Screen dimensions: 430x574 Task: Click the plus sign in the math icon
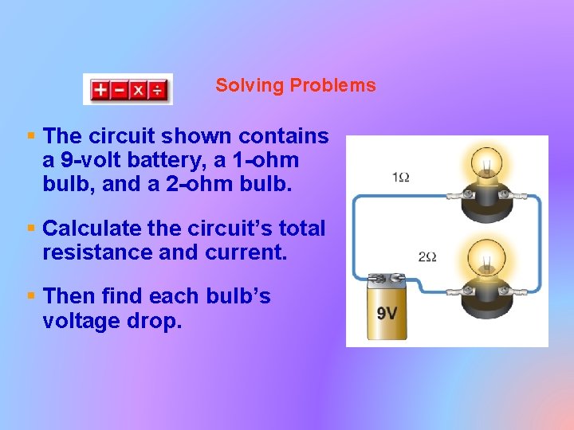100,90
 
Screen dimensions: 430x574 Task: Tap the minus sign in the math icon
120,90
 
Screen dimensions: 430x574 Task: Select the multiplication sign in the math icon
139,90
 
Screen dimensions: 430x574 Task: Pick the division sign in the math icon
158,90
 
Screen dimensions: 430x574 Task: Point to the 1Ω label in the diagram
401,176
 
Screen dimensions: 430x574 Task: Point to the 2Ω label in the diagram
427,256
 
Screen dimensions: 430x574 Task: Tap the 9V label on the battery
387,313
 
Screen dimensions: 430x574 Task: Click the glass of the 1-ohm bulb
485,164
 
